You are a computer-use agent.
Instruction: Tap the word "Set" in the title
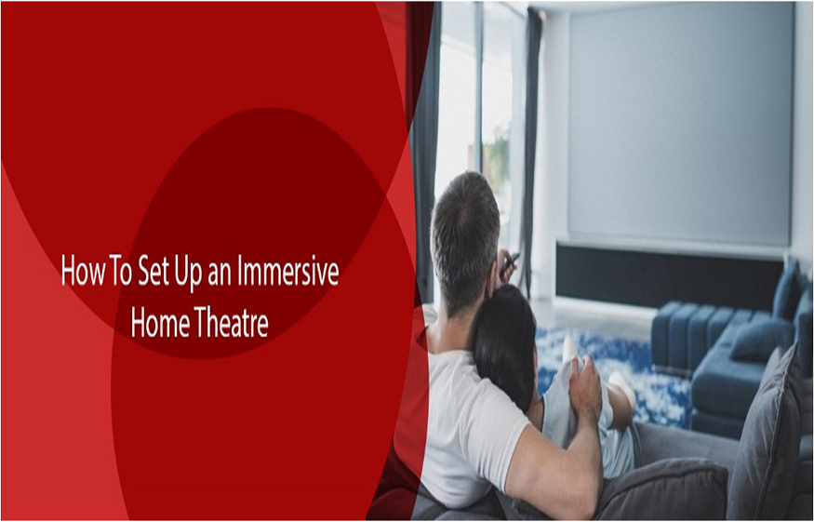153,270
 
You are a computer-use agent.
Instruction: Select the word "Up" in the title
189,273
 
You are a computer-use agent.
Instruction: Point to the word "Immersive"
288,270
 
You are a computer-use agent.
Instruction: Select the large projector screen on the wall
680,125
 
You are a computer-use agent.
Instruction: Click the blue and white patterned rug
612,374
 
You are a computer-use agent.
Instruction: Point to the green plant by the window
497,155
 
